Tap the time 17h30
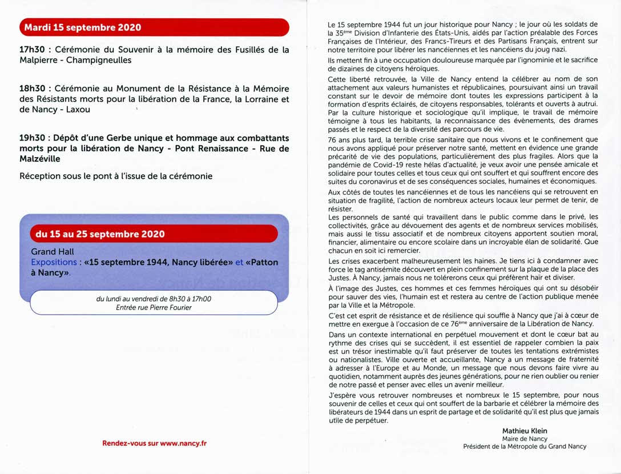coord(32,50)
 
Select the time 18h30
coord(32,89)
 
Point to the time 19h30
coord(32,138)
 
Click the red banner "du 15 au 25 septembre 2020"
coord(100,234)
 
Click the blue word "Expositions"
coord(54,262)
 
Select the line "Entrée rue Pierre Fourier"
coord(152,307)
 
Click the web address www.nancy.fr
coord(183,443)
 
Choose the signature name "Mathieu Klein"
coord(525,431)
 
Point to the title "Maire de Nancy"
coord(525,439)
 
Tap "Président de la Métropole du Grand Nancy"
coord(525,447)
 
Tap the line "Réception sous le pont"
coord(116,176)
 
